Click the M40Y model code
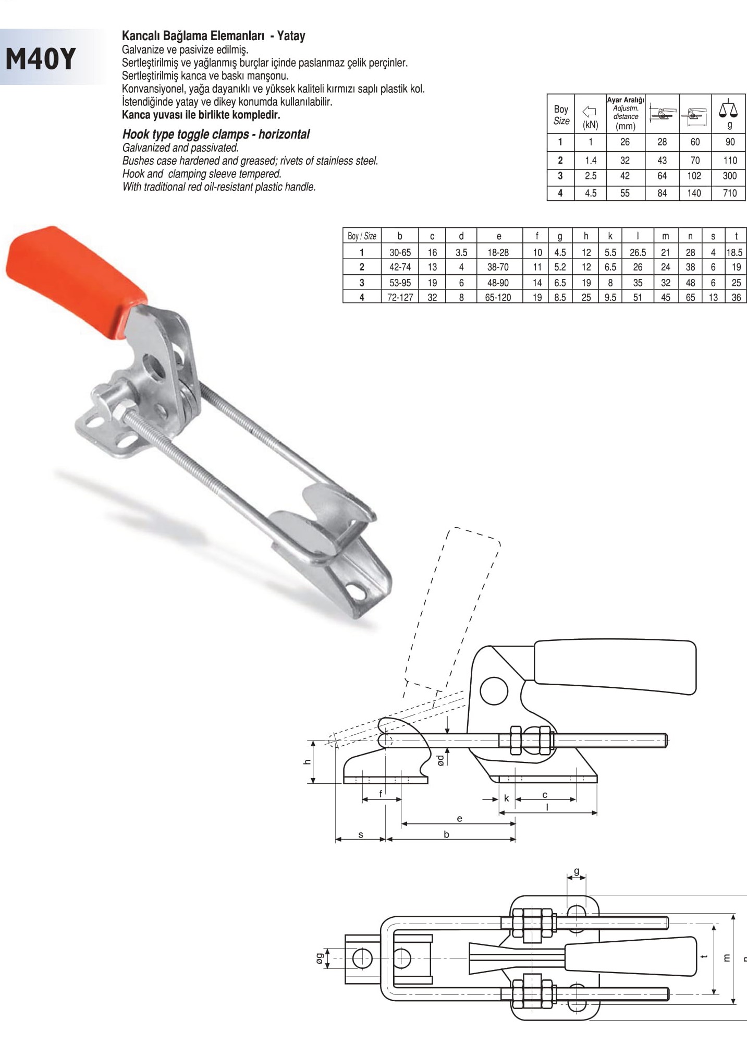click(40, 58)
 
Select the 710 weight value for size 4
click(729, 193)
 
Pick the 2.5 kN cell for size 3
click(590, 176)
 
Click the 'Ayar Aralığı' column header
click(626, 100)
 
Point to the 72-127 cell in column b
click(400, 297)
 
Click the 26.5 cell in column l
click(638, 252)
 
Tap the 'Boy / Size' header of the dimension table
click(362, 236)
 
